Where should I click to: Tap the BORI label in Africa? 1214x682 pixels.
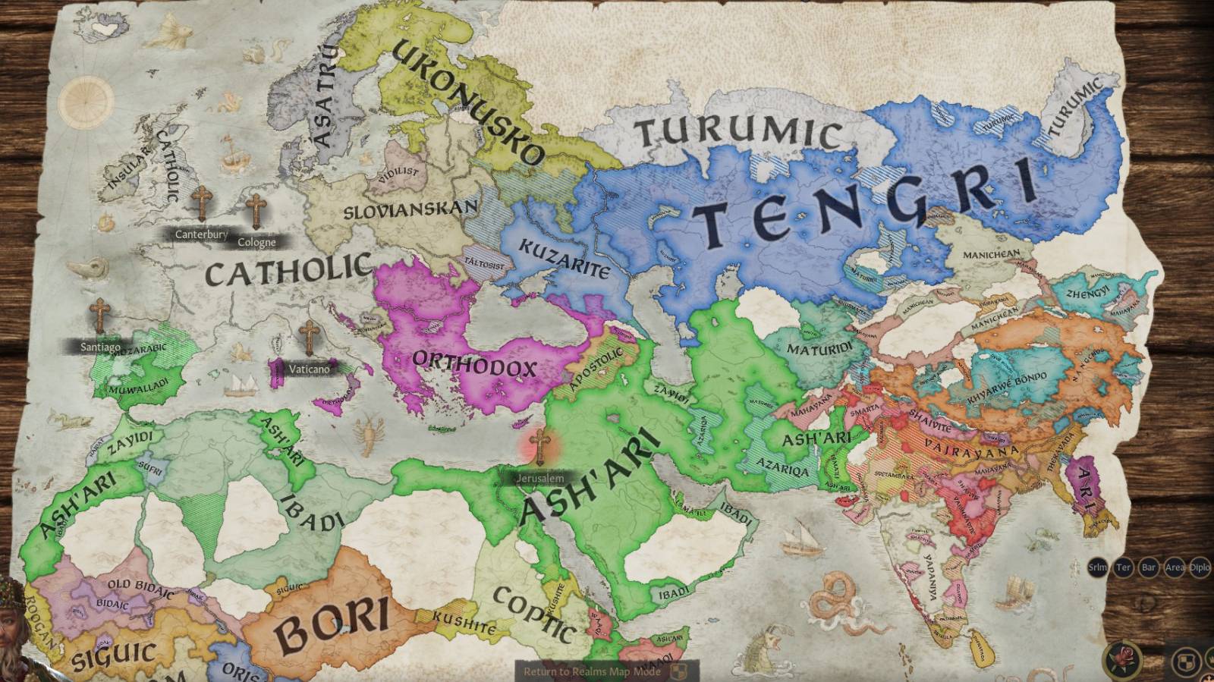coord(332,620)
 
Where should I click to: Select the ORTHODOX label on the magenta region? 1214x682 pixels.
coord(476,365)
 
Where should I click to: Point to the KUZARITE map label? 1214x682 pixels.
coord(565,258)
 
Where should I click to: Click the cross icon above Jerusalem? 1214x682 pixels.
coord(539,447)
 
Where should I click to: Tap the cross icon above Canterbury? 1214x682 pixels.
coord(202,203)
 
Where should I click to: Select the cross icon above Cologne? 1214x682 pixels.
coord(256,212)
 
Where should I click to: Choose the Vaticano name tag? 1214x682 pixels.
coord(309,369)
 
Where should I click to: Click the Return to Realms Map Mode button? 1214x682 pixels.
coord(592,671)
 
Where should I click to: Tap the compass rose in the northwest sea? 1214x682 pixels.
coord(86,102)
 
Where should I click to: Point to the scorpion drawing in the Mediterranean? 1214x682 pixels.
coord(370,433)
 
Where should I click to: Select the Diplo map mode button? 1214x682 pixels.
coord(1200,567)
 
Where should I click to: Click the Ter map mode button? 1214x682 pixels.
coord(1123,567)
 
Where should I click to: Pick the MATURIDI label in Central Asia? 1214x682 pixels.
coord(819,349)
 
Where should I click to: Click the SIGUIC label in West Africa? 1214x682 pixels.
coord(114,654)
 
